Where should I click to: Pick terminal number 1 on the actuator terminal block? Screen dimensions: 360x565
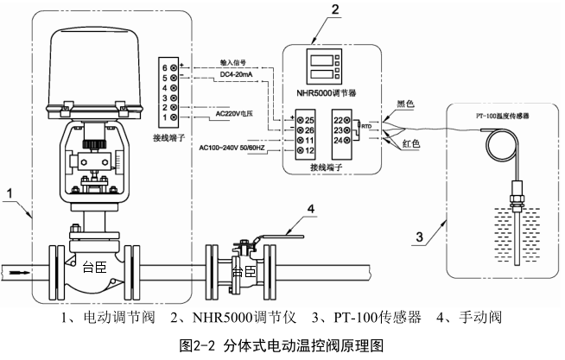click(x=163, y=116)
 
